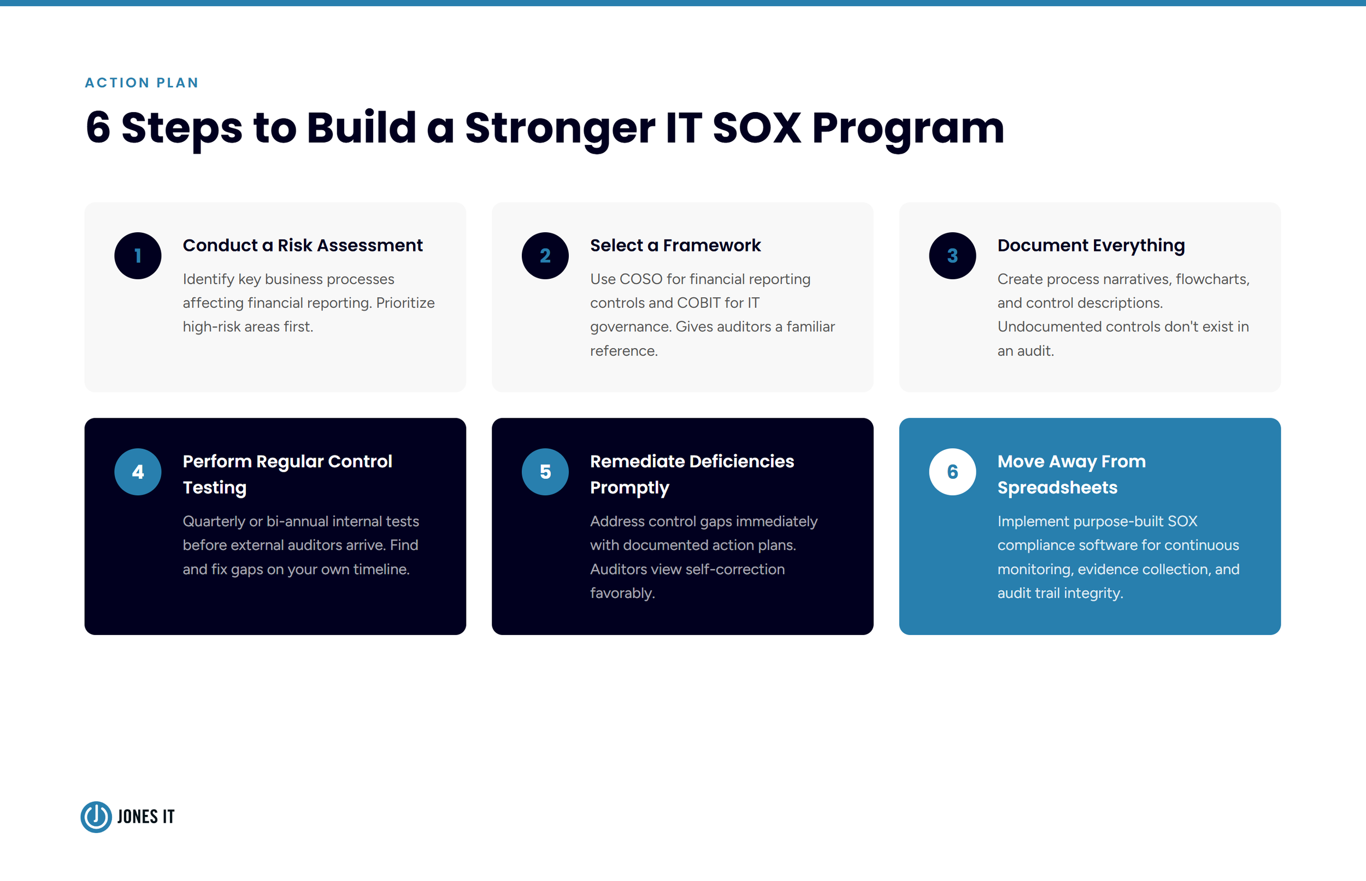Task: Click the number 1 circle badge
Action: tap(138, 256)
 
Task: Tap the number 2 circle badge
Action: tap(545, 256)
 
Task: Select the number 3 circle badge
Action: tap(952, 256)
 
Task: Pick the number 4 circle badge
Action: tap(138, 472)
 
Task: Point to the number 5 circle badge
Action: tap(545, 472)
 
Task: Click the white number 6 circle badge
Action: tap(952, 472)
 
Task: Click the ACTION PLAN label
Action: tap(142, 83)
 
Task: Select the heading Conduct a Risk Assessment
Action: tap(303, 245)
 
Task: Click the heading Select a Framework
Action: tap(675, 245)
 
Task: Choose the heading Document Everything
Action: tap(1091, 245)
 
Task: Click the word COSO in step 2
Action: tap(641, 279)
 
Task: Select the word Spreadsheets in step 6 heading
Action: tap(1057, 488)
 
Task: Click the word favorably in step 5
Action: tap(622, 593)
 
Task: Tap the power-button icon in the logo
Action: tap(96, 817)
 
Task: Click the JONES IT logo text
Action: tap(146, 817)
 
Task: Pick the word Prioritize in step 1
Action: tap(405, 303)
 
